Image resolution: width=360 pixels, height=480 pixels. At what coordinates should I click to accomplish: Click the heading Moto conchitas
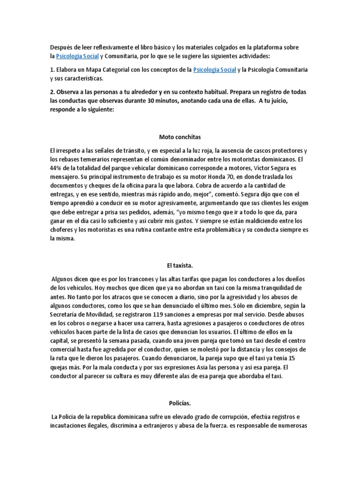click(x=180, y=137)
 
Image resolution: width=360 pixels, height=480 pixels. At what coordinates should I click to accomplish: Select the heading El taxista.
click(x=180, y=266)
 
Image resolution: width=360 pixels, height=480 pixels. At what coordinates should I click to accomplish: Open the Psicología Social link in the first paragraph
click(x=77, y=56)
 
